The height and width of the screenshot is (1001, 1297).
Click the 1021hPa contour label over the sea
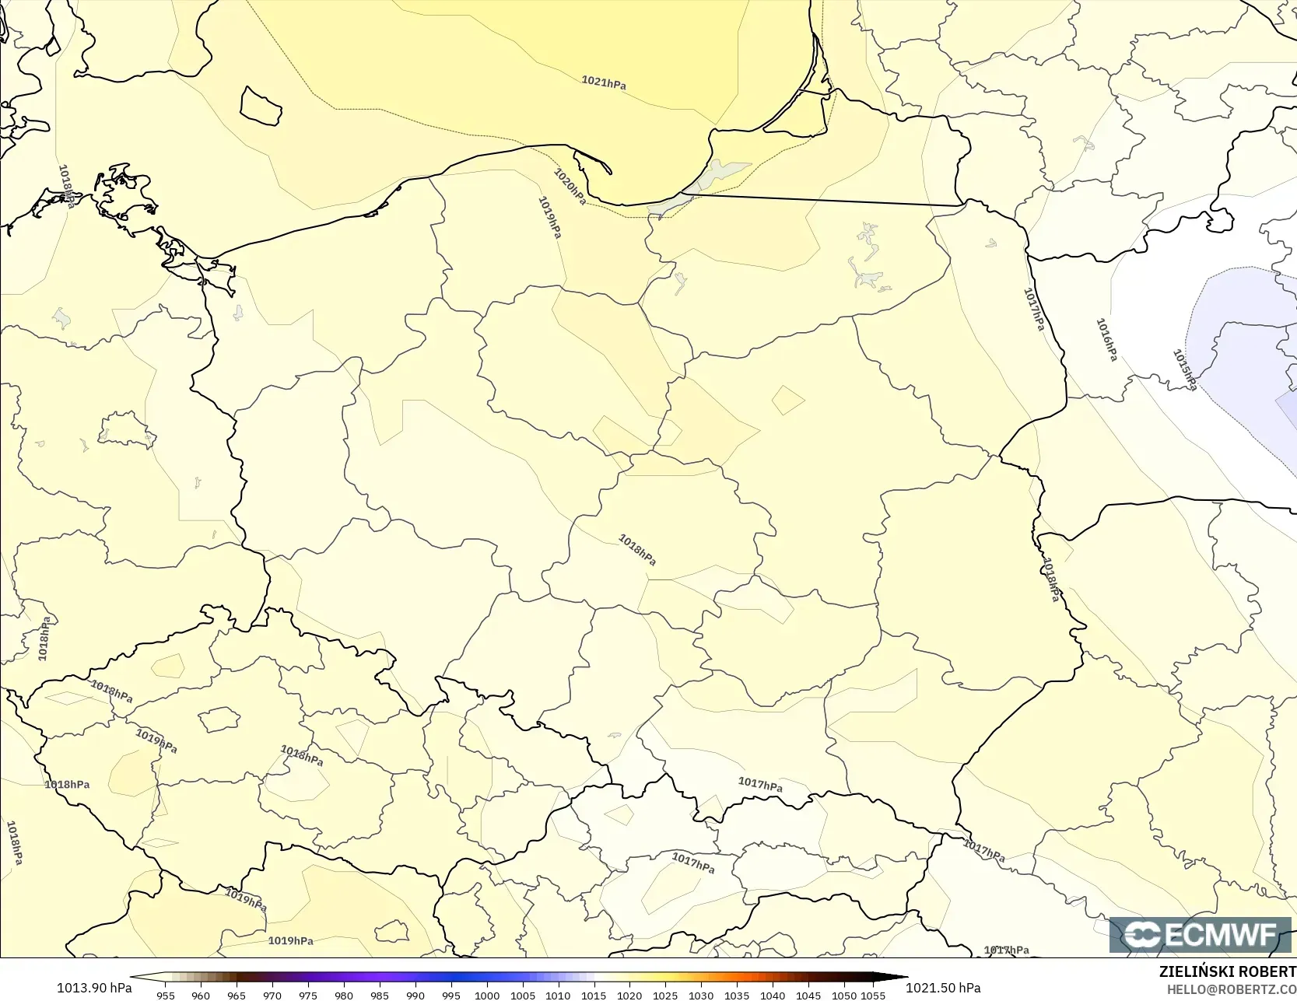pos(604,82)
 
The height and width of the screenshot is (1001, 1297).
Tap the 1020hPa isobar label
pos(570,187)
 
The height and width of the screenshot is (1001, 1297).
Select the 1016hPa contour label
pos(1106,340)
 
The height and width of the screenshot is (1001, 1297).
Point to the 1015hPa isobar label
pos(1184,369)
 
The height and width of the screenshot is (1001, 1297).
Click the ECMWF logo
pos(1200,935)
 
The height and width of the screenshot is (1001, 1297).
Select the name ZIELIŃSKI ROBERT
pos(1227,971)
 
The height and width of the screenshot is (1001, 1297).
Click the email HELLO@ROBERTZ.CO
pos(1231,988)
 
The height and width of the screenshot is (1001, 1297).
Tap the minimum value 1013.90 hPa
pos(94,988)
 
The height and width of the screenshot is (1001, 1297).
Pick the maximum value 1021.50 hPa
pos(943,988)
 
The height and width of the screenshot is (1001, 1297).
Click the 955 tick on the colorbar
pos(166,995)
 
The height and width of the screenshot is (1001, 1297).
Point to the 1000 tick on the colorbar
pos(487,995)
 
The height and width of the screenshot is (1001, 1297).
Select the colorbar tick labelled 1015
pos(594,995)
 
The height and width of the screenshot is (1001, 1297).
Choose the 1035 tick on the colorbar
pos(737,995)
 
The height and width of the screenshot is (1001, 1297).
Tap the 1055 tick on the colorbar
pos(873,995)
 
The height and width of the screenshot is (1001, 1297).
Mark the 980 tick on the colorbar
pos(344,995)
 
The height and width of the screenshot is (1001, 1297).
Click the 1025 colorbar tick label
pos(665,995)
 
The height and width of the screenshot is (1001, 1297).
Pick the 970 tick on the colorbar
pos(272,995)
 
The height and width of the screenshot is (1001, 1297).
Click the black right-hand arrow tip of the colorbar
pos(904,977)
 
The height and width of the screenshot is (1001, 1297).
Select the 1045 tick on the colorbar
pos(808,995)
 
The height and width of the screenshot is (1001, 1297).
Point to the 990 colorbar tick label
pos(415,995)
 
